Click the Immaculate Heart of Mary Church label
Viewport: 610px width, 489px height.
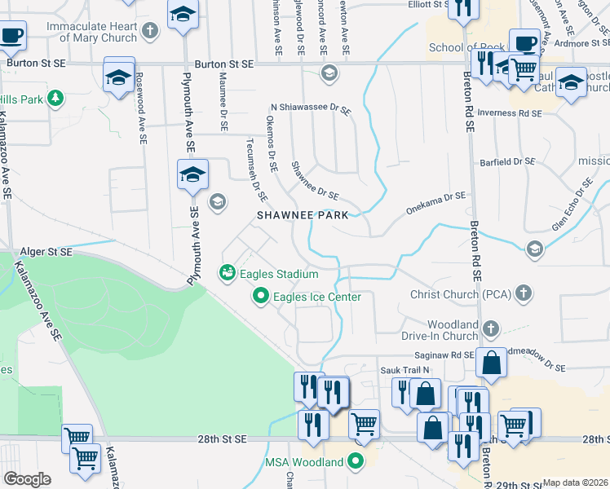click(91, 32)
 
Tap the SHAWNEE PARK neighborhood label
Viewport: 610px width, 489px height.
click(303, 216)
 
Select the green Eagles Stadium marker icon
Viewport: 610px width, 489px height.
click(227, 272)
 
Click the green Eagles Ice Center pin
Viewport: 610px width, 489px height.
click(261, 296)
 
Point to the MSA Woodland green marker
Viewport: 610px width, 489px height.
click(355, 461)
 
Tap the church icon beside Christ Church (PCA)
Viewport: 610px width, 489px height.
click(524, 292)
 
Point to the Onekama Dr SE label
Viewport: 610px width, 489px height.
click(435, 196)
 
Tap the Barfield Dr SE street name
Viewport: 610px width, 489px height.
click(506, 161)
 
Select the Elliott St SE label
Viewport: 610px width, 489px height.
click(419, 4)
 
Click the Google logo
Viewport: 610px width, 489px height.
click(26, 478)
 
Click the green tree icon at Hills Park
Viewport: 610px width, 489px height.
click(55, 99)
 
